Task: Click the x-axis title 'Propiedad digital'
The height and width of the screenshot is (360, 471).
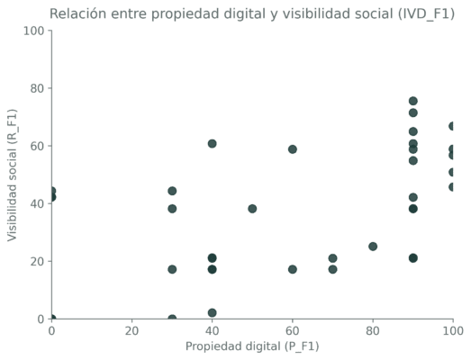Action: pos(252,346)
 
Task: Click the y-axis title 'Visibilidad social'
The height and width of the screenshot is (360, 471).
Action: pos(13,175)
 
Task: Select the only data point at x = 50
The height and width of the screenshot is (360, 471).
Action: pos(252,209)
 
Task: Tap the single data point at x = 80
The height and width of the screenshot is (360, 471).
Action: pos(373,247)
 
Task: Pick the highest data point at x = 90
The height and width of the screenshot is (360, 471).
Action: pos(413,101)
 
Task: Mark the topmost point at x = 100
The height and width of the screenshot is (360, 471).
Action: pos(452,126)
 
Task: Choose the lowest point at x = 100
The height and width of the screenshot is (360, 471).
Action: pos(452,187)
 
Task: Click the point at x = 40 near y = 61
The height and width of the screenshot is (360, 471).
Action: pos(213,144)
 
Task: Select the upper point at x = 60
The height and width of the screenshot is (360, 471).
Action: pos(293,149)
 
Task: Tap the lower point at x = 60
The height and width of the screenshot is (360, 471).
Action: pos(293,269)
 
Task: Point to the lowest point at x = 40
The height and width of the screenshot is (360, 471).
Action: pos(213,313)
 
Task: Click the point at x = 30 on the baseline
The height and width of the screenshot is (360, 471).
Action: pos(172,319)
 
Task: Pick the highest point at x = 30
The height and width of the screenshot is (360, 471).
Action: pos(172,191)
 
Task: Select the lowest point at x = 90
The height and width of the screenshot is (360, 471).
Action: pos(413,258)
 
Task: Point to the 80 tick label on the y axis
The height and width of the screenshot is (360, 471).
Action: pos(35,89)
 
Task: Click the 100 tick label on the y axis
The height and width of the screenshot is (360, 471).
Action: pos(33,31)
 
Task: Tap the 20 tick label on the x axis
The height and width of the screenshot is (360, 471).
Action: pos(131,331)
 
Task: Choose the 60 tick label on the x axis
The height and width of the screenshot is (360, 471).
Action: pos(293,331)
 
